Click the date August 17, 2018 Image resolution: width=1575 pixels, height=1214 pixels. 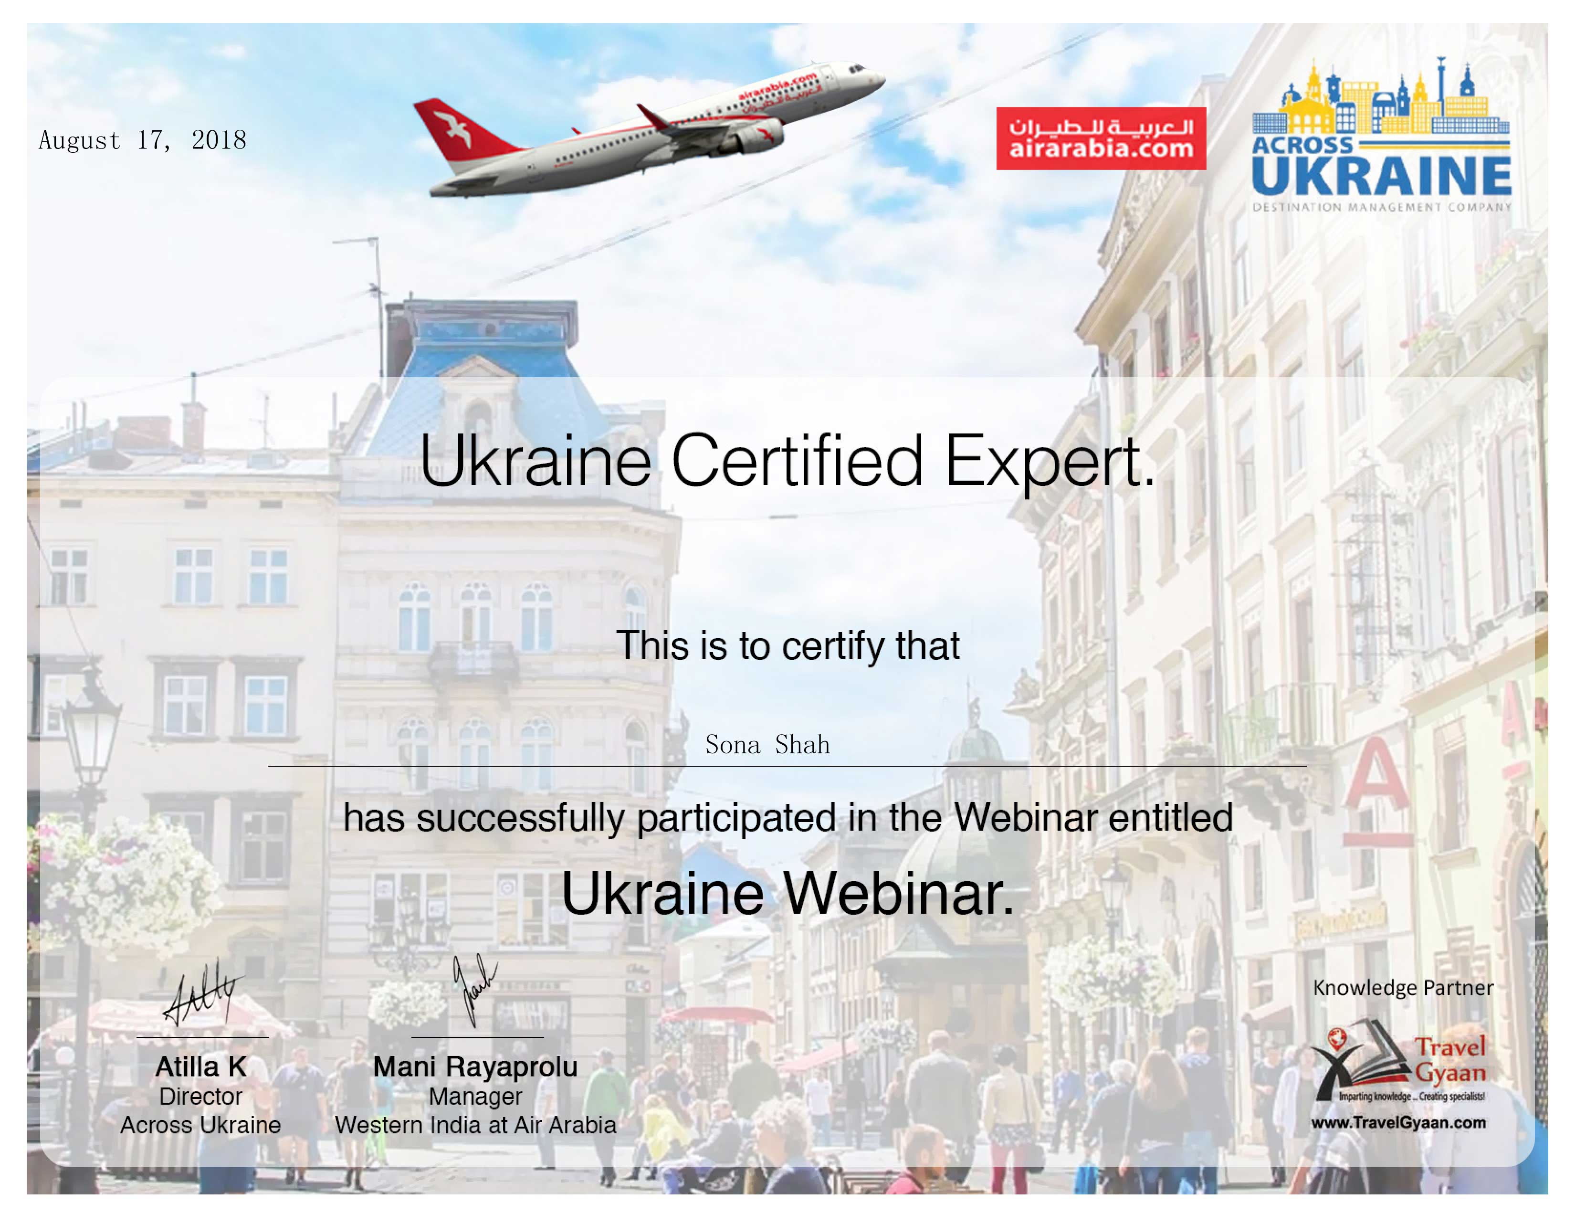tap(142, 140)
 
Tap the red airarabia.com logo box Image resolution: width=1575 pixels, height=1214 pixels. tap(1101, 138)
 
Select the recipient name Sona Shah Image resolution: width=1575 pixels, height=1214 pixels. tap(767, 744)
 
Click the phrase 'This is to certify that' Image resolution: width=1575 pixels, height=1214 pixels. tap(787, 645)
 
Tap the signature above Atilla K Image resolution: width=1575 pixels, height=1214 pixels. tap(203, 992)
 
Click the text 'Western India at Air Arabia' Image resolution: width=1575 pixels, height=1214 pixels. tap(475, 1125)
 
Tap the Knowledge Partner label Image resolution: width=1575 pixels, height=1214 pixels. tap(1403, 988)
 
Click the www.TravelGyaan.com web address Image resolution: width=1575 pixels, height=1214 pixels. tap(1398, 1123)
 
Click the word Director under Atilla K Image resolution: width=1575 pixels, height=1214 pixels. tap(200, 1097)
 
